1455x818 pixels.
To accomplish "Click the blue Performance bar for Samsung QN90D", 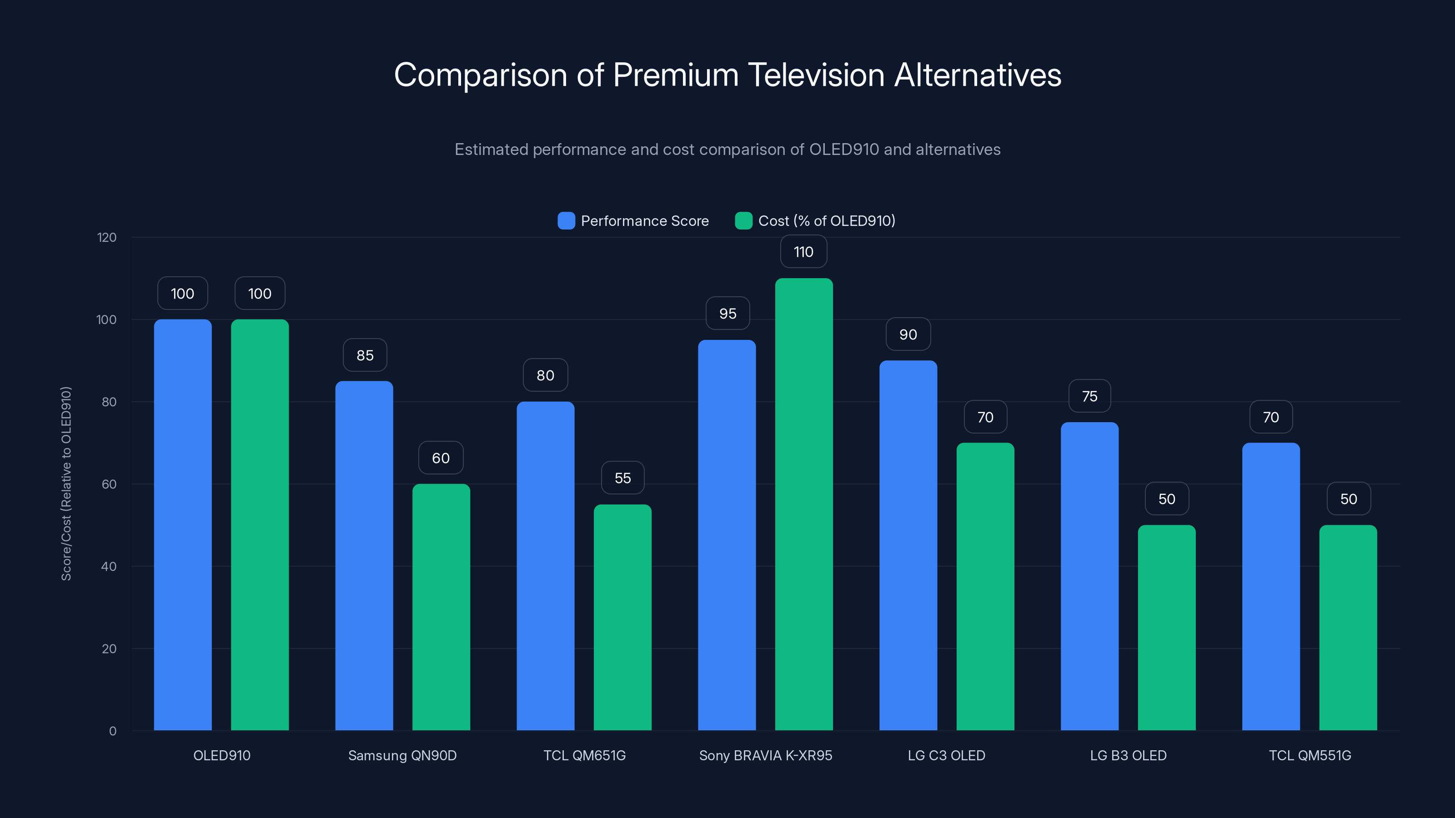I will [364, 556].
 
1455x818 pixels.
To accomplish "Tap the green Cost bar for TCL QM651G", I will [622, 618].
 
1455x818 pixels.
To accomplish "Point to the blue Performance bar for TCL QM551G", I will [1270, 587].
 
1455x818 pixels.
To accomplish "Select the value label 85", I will [365, 355].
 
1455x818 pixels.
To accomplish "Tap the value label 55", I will [622, 478].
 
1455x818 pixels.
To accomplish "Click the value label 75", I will [1089, 396].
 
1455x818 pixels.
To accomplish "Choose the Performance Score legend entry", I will [633, 221].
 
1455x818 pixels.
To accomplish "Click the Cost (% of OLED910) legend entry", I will [815, 221].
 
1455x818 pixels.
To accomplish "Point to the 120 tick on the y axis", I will [107, 237].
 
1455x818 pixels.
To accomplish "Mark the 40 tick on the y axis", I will [109, 566].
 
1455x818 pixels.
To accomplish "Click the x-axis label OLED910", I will [221, 755].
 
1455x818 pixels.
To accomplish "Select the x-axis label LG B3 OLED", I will [1128, 755].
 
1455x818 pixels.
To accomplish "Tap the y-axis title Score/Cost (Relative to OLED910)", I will [66, 484].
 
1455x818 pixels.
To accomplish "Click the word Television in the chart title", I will [816, 75].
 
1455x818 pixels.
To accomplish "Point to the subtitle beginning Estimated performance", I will [727, 150].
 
